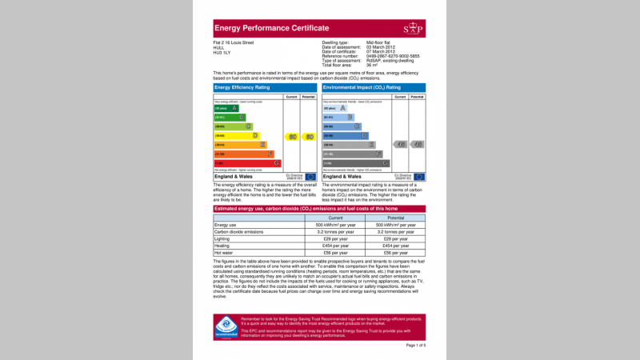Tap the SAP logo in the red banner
(x=413, y=29)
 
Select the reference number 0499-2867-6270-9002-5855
(x=394, y=56)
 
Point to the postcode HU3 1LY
(x=222, y=52)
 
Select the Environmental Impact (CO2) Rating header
(x=362, y=86)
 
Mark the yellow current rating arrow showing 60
(x=293, y=136)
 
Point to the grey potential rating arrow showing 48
(x=418, y=145)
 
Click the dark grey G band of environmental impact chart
(x=356, y=163)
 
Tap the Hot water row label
(x=224, y=253)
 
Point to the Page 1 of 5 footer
(x=416, y=345)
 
